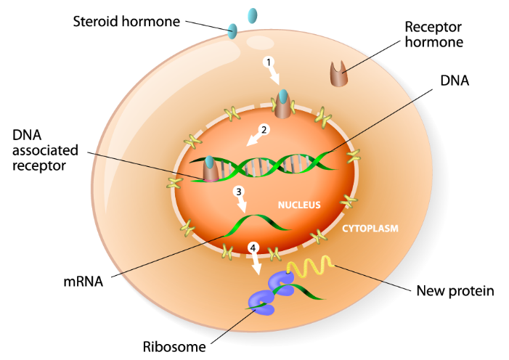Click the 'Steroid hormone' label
(x=126, y=20)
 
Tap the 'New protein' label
(x=455, y=292)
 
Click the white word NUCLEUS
(x=299, y=205)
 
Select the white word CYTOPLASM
(x=370, y=228)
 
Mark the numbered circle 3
(x=237, y=192)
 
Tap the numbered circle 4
(x=253, y=248)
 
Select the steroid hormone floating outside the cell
(x=253, y=15)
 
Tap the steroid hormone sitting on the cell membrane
(x=233, y=30)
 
